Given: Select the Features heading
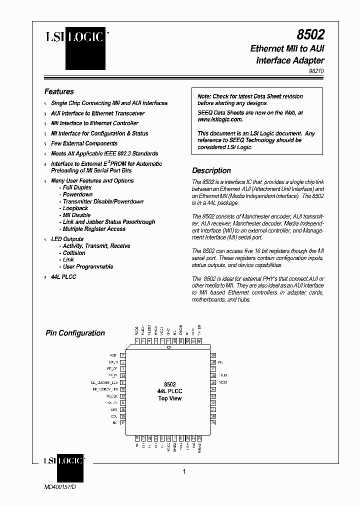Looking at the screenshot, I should [59, 91].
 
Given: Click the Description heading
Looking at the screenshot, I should [211, 170].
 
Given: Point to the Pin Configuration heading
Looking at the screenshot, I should [75, 333].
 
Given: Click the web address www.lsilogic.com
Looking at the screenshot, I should [220, 119].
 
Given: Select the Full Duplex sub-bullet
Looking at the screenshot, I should [77, 187].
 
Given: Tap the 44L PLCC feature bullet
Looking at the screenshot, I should [63, 277].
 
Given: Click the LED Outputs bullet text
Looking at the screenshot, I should [67, 239].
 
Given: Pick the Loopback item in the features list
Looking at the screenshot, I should [75, 208].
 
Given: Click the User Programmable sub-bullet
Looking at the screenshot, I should [88, 266].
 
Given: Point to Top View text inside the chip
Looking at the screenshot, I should [169, 398].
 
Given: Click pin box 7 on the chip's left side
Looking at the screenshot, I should [122, 355].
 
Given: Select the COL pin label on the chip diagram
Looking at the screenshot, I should [113, 416].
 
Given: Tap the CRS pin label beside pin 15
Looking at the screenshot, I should [113, 409].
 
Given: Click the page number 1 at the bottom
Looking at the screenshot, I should [184, 471].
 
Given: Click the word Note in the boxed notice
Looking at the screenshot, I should [204, 96].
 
